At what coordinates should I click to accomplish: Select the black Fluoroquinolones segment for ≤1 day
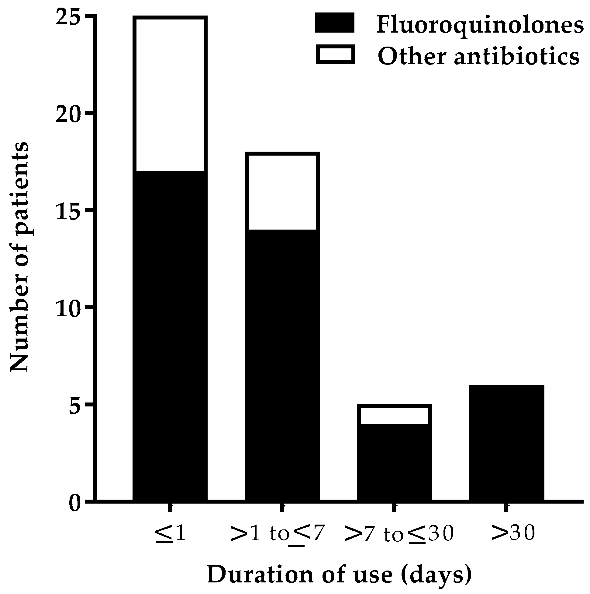[x=170, y=335]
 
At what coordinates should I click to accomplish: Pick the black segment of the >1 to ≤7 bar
[x=282, y=364]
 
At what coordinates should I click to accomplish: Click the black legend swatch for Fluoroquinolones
[x=335, y=23]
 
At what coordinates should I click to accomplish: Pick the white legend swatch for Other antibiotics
[x=336, y=54]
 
